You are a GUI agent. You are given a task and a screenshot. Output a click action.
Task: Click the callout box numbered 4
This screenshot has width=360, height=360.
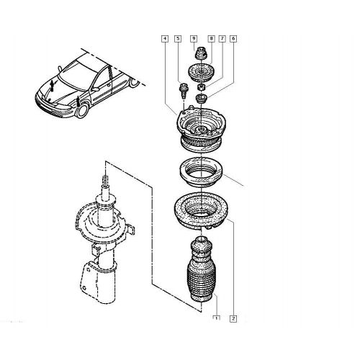[x=165, y=39]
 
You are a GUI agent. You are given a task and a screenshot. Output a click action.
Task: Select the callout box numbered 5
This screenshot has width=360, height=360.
[x=178, y=39]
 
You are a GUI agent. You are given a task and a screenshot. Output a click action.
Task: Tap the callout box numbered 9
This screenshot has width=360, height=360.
[x=194, y=39]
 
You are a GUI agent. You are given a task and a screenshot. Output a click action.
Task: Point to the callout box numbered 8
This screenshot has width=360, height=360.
[x=211, y=39]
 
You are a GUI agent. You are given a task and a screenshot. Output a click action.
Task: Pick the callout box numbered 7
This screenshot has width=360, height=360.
[x=222, y=39]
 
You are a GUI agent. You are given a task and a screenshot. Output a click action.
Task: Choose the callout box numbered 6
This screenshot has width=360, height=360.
[x=233, y=39]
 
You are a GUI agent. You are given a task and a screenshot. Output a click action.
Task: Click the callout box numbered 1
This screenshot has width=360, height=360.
[x=217, y=318]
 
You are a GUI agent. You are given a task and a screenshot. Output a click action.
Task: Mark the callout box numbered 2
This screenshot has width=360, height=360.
[x=233, y=318]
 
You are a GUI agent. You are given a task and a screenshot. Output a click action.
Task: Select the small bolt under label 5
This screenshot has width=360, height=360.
[x=184, y=90]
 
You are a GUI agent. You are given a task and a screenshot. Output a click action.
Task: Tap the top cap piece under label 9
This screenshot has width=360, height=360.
[x=201, y=53]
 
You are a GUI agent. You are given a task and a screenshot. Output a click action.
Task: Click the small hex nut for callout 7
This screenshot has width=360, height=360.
[x=202, y=86]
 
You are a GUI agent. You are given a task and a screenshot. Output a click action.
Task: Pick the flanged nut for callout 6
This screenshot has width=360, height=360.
[x=201, y=99]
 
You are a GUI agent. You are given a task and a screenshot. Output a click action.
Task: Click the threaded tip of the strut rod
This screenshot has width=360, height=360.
[x=105, y=181]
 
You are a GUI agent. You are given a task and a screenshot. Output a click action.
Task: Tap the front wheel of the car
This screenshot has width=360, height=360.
[x=82, y=110]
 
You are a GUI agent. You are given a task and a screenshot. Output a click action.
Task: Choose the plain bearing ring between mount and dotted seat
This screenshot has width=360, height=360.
[x=201, y=172]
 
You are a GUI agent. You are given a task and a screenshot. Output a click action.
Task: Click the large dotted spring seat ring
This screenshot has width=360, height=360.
[x=201, y=211]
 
